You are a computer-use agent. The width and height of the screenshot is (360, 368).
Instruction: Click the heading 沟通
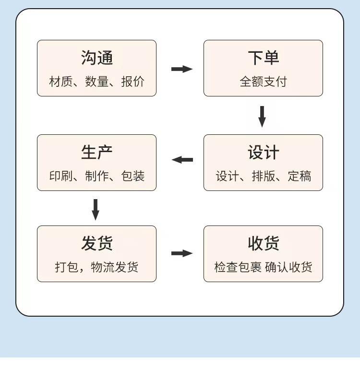(x=97, y=58)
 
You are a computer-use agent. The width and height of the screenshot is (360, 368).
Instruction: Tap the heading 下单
(x=263, y=58)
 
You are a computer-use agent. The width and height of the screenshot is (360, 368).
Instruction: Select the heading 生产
(x=97, y=152)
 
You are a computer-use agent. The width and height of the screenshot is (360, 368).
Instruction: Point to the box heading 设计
(x=263, y=152)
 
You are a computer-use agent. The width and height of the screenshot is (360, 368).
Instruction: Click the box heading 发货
(x=97, y=243)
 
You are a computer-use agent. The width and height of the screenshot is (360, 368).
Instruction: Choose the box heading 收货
(x=263, y=243)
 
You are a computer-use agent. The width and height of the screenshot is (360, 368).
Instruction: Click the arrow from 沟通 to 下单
(x=182, y=69)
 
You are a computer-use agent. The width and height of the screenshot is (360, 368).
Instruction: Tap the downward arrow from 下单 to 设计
(x=262, y=117)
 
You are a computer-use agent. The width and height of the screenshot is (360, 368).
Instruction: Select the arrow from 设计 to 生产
(x=182, y=160)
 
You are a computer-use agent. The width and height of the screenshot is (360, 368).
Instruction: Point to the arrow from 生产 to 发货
(x=96, y=210)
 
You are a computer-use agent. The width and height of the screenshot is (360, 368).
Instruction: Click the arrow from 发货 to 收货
(x=182, y=253)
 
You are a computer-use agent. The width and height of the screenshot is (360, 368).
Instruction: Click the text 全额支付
(x=263, y=82)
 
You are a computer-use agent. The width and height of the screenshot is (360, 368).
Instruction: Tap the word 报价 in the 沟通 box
(x=133, y=82)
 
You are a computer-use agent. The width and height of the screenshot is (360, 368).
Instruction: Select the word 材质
(x=60, y=82)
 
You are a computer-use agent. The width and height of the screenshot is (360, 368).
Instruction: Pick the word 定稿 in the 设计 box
(x=300, y=176)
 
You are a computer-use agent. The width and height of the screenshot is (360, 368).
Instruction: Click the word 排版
(x=263, y=176)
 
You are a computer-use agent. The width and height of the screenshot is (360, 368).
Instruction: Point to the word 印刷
(x=60, y=176)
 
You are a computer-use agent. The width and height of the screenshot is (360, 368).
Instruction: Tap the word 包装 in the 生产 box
(x=133, y=176)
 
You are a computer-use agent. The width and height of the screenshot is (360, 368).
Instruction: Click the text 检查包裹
(x=238, y=267)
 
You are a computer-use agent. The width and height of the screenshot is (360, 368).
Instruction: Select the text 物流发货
(x=115, y=267)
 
